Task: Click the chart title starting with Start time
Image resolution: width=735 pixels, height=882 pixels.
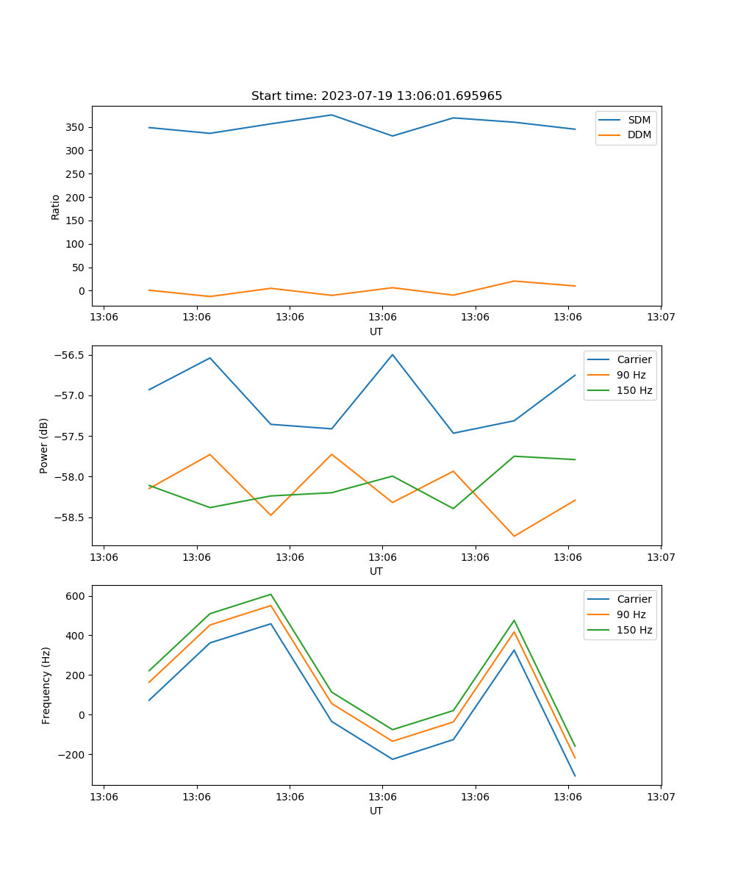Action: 376,96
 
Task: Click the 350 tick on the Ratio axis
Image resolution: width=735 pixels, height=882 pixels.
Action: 76,127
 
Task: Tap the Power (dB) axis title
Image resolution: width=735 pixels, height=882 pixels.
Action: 44,445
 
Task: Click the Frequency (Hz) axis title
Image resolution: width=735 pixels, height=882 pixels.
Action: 46,685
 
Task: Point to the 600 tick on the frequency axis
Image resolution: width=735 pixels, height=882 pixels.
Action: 76,596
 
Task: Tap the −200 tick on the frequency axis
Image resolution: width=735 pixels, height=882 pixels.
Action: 72,754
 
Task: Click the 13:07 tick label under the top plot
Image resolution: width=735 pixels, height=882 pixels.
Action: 661,317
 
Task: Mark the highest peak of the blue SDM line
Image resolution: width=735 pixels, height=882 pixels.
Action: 331,115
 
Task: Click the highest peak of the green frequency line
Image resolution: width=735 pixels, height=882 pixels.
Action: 270,594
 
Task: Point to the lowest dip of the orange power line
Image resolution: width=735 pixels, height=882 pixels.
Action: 514,536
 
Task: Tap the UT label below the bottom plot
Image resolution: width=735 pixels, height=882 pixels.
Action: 376,811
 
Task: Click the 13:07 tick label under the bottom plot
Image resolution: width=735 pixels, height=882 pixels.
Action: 661,796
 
